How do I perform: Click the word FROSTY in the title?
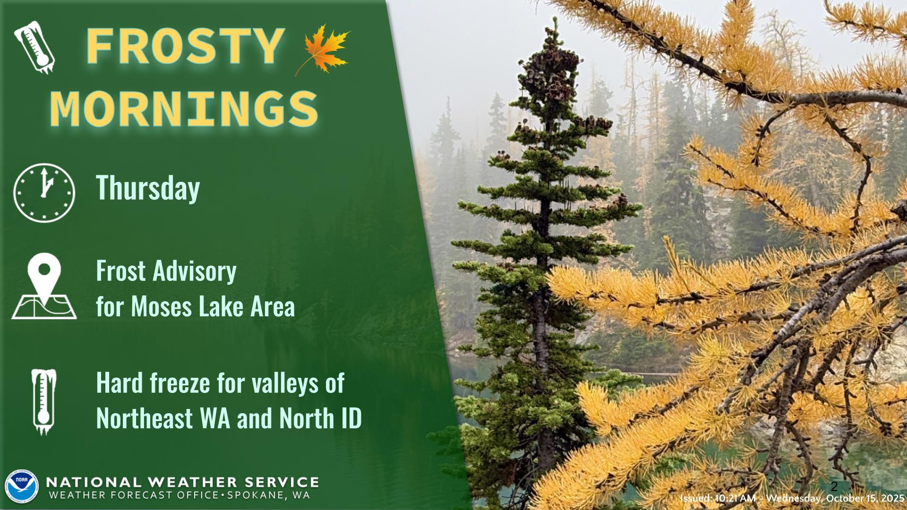tap(186, 47)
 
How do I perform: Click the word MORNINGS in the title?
tap(184, 109)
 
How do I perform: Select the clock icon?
tap(44, 193)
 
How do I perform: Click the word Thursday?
tap(148, 188)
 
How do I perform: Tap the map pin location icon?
tap(44, 286)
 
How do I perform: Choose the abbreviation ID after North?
tap(352, 418)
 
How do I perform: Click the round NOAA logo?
tap(21, 486)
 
